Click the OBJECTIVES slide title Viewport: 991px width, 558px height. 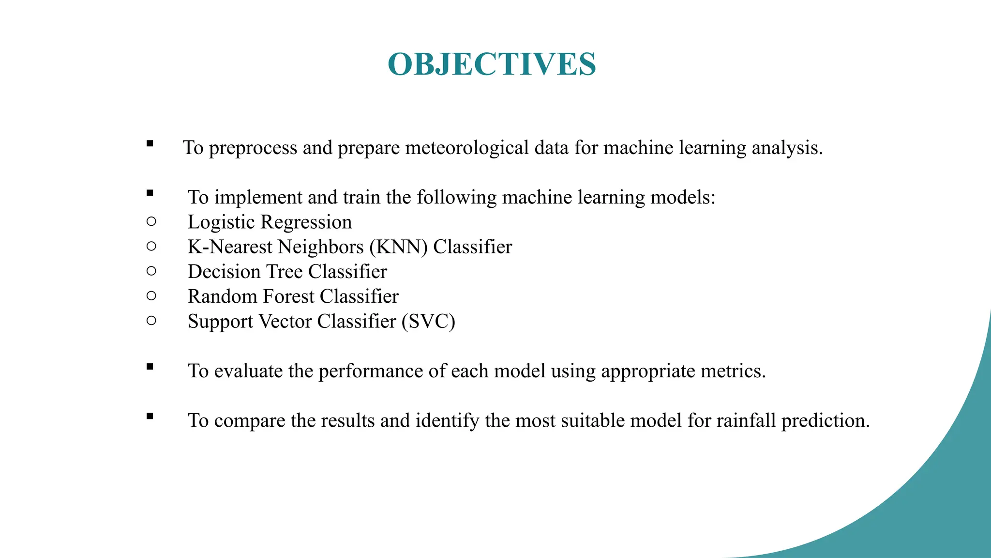pyautogui.click(x=492, y=64)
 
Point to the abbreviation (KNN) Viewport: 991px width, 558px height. pyautogui.click(x=399, y=247)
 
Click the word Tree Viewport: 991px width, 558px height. pyautogui.click(x=285, y=272)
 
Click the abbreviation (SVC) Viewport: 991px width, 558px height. pyautogui.click(x=428, y=322)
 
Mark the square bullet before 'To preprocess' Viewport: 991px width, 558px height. pyautogui.click(x=150, y=143)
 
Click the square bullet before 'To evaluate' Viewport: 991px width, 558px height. pyautogui.click(x=150, y=367)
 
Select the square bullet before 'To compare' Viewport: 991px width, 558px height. pyautogui.click(x=150, y=416)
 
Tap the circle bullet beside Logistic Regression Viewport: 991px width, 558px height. pyautogui.click(x=151, y=221)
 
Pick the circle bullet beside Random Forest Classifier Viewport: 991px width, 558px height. pyautogui.click(x=151, y=295)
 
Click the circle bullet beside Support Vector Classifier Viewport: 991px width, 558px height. pyautogui.click(x=151, y=320)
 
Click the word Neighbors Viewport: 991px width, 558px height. pyautogui.click(x=321, y=247)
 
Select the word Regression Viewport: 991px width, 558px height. pyautogui.click(x=306, y=222)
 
